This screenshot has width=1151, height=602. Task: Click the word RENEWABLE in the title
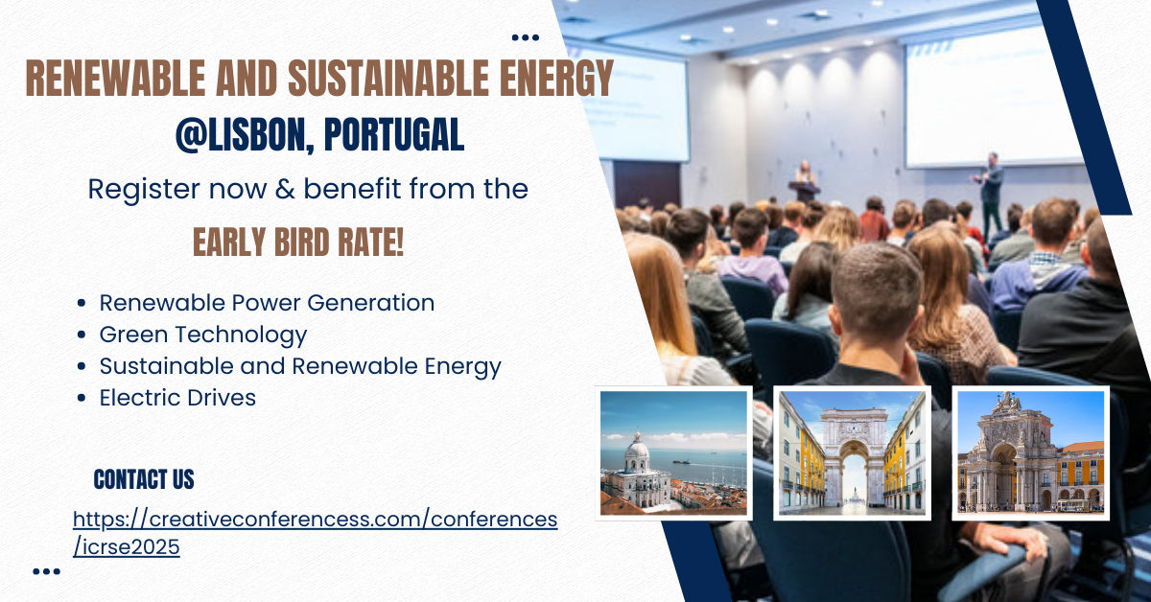coord(116,78)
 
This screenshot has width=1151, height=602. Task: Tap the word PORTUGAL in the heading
coord(394,134)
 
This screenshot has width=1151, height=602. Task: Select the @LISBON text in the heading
coord(245,135)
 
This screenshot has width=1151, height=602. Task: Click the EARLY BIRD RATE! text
coord(298,242)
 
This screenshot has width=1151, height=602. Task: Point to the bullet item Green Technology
coord(203,335)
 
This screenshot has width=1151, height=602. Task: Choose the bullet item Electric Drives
coord(177,398)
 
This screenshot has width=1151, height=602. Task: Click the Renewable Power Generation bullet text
coord(267,303)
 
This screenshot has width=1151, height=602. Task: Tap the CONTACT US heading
coord(144,479)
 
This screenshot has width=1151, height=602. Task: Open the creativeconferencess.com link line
coord(315,519)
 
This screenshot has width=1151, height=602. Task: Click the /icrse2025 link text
coord(127,547)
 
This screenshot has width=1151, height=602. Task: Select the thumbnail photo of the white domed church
coord(673,453)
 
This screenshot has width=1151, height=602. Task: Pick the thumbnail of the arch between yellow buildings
coord(852,453)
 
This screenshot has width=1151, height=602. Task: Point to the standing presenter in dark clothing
coord(990,191)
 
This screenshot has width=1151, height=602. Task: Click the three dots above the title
coord(526,37)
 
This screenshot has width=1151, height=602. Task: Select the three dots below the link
coord(46,571)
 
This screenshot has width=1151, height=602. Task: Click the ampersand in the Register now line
coord(285,189)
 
